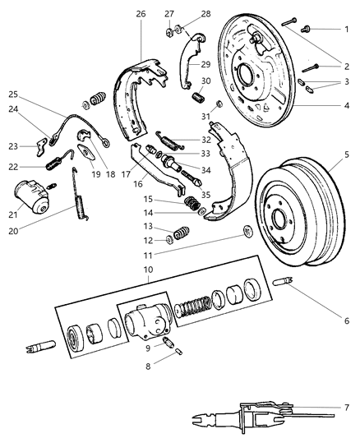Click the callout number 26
pos(141,14)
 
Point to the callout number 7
pos(347,407)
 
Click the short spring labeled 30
pos(197,98)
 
